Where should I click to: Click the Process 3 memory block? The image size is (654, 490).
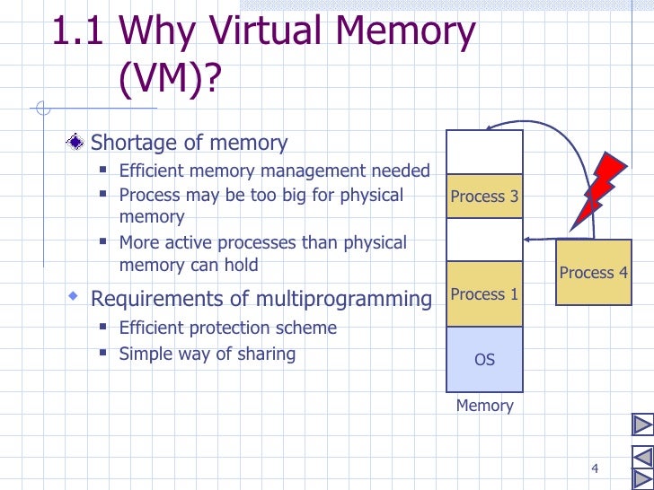click(484, 197)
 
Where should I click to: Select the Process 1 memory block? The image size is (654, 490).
click(484, 294)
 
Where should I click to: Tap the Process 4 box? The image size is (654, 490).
click(593, 273)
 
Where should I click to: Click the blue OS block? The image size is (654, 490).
click(484, 360)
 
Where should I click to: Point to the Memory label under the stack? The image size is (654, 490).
click(484, 406)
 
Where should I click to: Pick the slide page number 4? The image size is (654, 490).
click(595, 468)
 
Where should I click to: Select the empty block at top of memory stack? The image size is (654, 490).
click(484, 152)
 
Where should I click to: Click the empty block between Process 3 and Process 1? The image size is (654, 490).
click(484, 240)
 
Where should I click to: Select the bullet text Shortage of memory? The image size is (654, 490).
click(190, 143)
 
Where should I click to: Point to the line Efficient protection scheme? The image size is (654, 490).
click(227, 328)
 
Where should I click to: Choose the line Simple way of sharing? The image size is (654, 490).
click(207, 354)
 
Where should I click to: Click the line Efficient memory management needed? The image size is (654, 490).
click(274, 171)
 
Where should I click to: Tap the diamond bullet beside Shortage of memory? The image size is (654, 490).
click(79, 142)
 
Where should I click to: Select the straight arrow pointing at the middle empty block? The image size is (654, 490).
click(539, 240)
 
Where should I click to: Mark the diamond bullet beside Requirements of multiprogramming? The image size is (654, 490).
click(75, 295)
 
